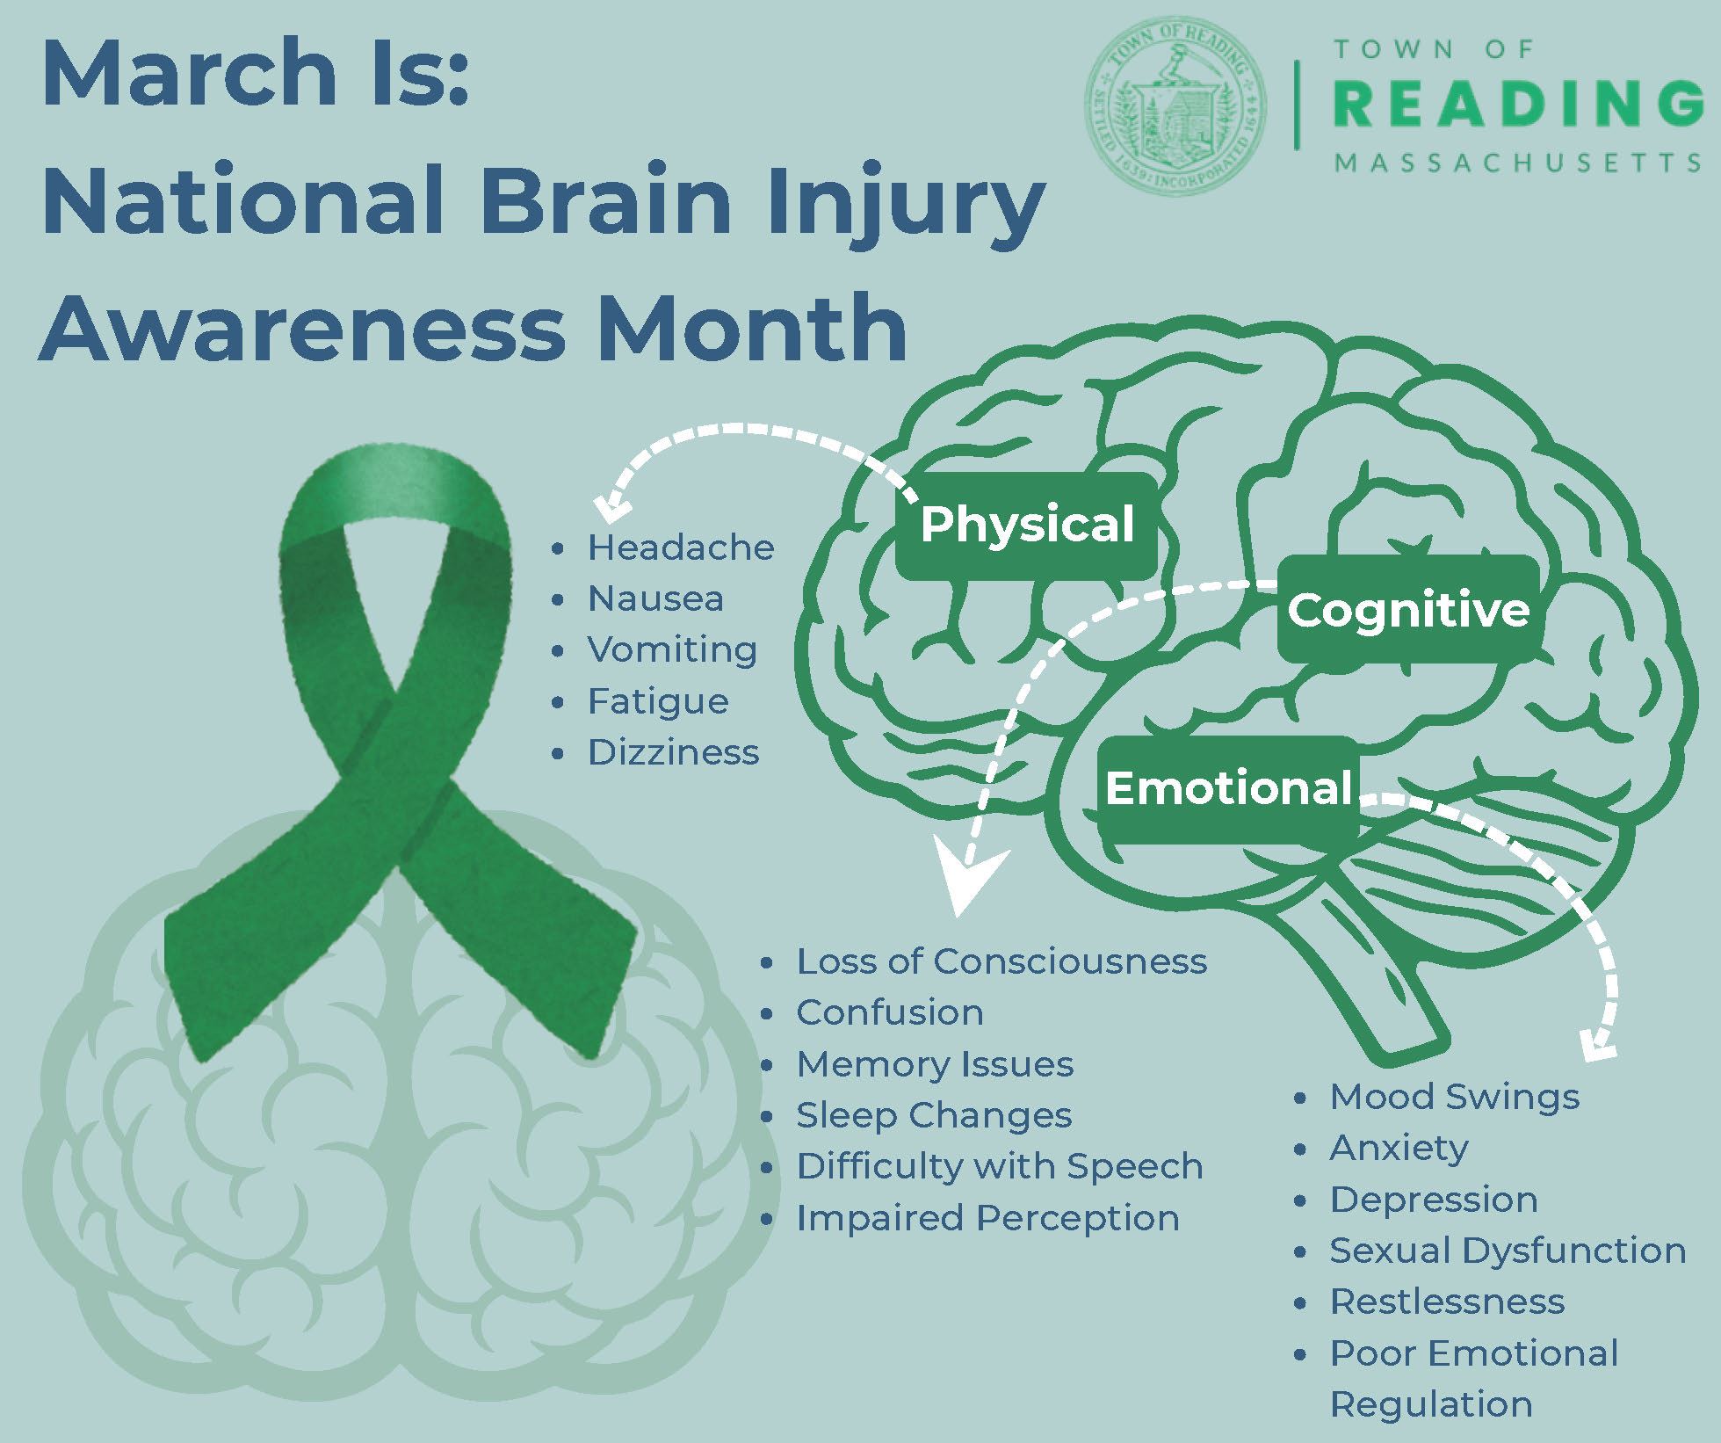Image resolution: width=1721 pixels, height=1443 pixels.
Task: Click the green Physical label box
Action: click(1026, 526)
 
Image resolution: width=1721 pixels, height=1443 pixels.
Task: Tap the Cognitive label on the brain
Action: click(1407, 610)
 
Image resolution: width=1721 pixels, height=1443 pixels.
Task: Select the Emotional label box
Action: click(1228, 788)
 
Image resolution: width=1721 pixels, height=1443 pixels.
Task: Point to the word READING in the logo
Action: click(1517, 103)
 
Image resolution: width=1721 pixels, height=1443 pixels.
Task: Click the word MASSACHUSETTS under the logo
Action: click(1517, 163)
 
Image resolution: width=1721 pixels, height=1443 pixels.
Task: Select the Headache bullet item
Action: click(680, 547)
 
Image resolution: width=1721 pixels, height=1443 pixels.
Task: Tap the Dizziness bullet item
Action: click(673, 752)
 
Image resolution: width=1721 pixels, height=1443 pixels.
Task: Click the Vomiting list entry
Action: click(672, 650)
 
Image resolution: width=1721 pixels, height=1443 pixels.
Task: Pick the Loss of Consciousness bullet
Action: click(1002, 961)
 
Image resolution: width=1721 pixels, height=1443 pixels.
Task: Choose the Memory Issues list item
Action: click(935, 1064)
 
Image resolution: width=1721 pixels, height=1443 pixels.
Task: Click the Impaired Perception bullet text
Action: click(987, 1218)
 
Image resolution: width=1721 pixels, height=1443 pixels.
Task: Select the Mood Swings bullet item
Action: click(1454, 1097)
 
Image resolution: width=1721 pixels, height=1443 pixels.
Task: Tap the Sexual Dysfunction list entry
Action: click(1508, 1251)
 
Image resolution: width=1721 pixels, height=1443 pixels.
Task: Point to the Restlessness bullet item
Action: click(1447, 1302)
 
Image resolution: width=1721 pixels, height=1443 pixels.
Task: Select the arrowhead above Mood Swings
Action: click(1597, 1046)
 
